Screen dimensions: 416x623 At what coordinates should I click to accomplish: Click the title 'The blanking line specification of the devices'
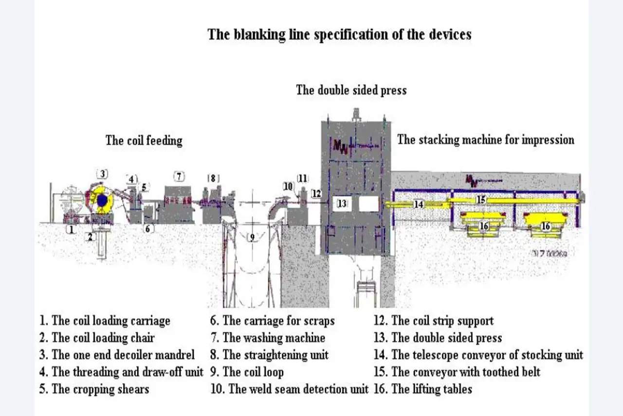(x=339, y=35)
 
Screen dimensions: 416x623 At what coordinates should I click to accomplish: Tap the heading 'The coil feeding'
(x=144, y=141)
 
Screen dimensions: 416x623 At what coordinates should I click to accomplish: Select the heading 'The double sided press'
(x=351, y=90)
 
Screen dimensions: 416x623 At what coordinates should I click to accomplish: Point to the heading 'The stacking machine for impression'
(x=486, y=140)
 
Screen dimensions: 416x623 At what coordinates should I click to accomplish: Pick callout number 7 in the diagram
(x=180, y=176)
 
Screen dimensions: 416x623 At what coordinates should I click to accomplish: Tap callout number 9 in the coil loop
(x=252, y=238)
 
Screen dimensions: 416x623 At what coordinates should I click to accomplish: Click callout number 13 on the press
(x=343, y=204)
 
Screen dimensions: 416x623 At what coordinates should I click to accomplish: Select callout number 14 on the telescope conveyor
(x=419, y=205)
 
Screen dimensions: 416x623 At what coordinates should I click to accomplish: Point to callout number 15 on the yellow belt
(x=481, y=200)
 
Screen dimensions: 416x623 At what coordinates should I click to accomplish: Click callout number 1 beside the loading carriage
(x=71, y=229)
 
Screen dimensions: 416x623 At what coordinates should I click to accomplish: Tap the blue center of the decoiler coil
(x=102, y=200)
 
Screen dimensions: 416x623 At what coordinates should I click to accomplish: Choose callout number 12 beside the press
(x=317, y=193)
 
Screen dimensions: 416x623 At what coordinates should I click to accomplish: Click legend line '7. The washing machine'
(x=268, y=338)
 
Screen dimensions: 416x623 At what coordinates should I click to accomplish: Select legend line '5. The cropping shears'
(x=94, y=389)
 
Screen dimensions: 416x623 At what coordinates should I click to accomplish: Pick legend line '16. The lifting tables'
(x=423, y=389)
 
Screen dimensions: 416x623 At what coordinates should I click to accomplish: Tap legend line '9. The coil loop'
(x=247, y=372)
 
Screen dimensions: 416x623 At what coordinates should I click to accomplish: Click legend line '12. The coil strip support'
(x=434, y=321)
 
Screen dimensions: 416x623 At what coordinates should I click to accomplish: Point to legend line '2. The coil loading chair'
(x=97, y=338)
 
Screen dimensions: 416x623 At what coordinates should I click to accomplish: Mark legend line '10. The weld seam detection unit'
(x=290, y=389)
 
